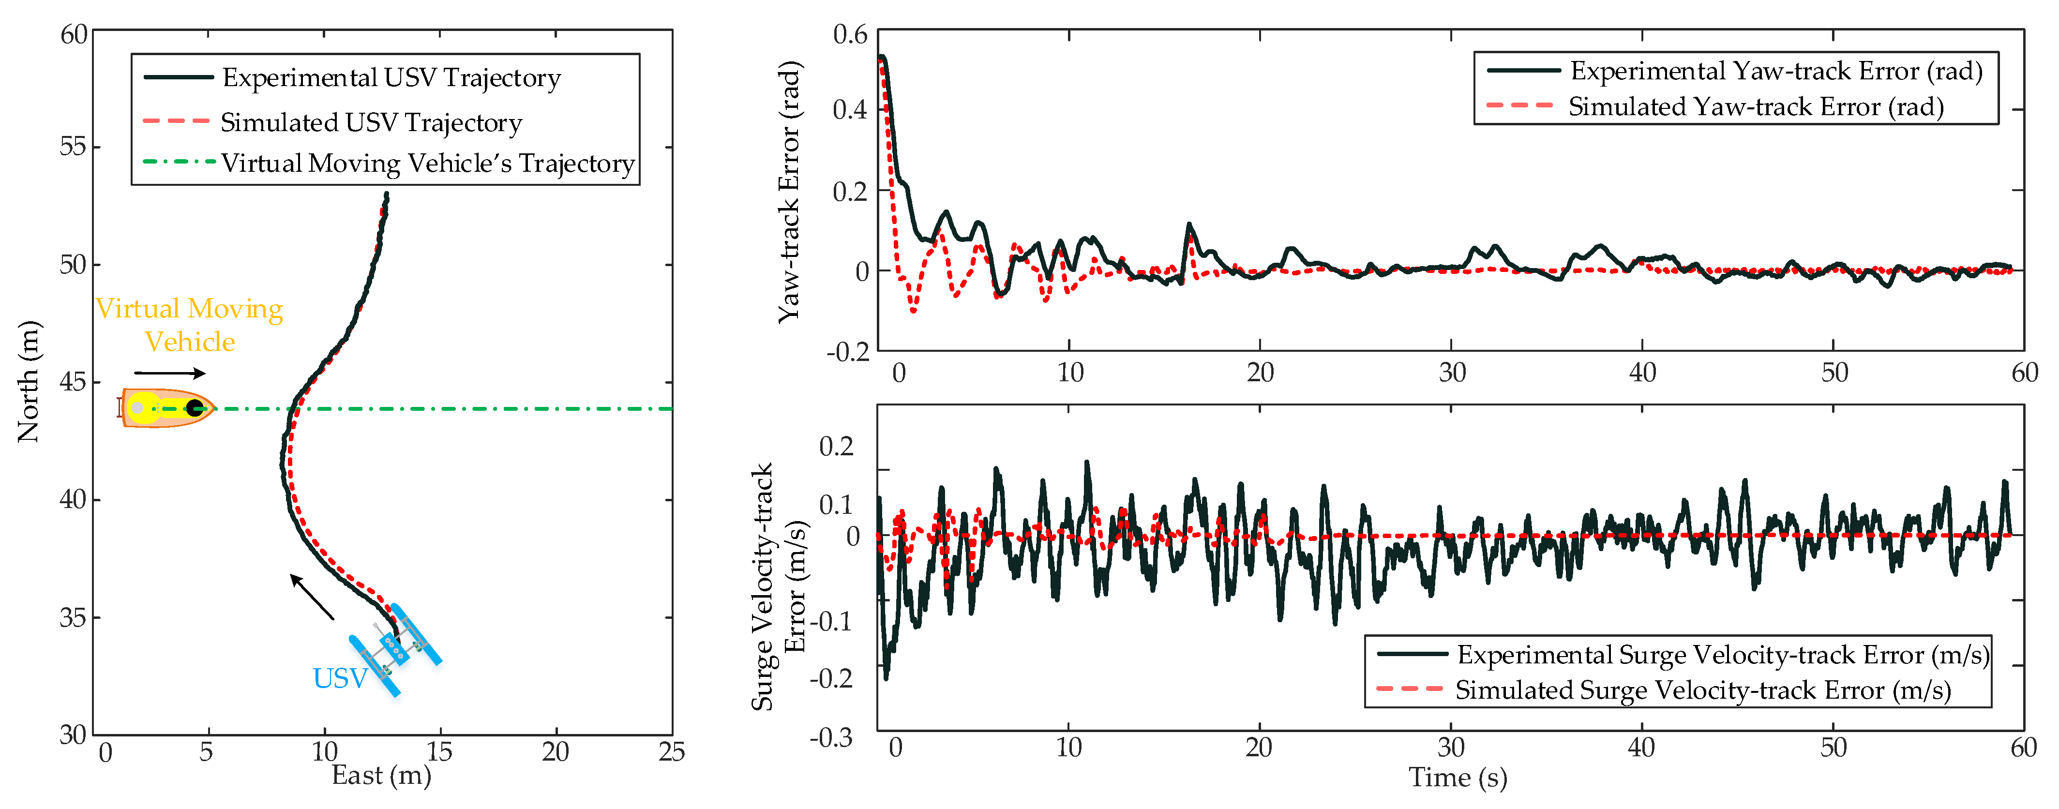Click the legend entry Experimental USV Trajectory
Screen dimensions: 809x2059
coord(391,77)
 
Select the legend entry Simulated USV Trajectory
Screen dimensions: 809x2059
coord(371,122)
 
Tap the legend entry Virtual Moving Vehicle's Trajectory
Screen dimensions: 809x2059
coord(428,163)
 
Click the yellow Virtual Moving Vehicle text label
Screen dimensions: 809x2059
coord(189,325)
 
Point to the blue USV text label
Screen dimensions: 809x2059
coord(340,678)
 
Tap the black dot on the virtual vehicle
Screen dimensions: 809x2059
coord(194,408)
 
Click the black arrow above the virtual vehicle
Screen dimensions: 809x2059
coord(169,373)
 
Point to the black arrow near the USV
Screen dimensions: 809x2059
coord(312,597)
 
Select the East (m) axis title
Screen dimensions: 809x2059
coord(381,776)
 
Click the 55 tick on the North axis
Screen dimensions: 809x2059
coord(74,147)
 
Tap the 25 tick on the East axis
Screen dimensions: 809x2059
coord(672,751)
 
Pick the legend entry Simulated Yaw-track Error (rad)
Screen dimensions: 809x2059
coord(1755,106)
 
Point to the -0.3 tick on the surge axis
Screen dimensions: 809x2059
coord(831,737)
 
